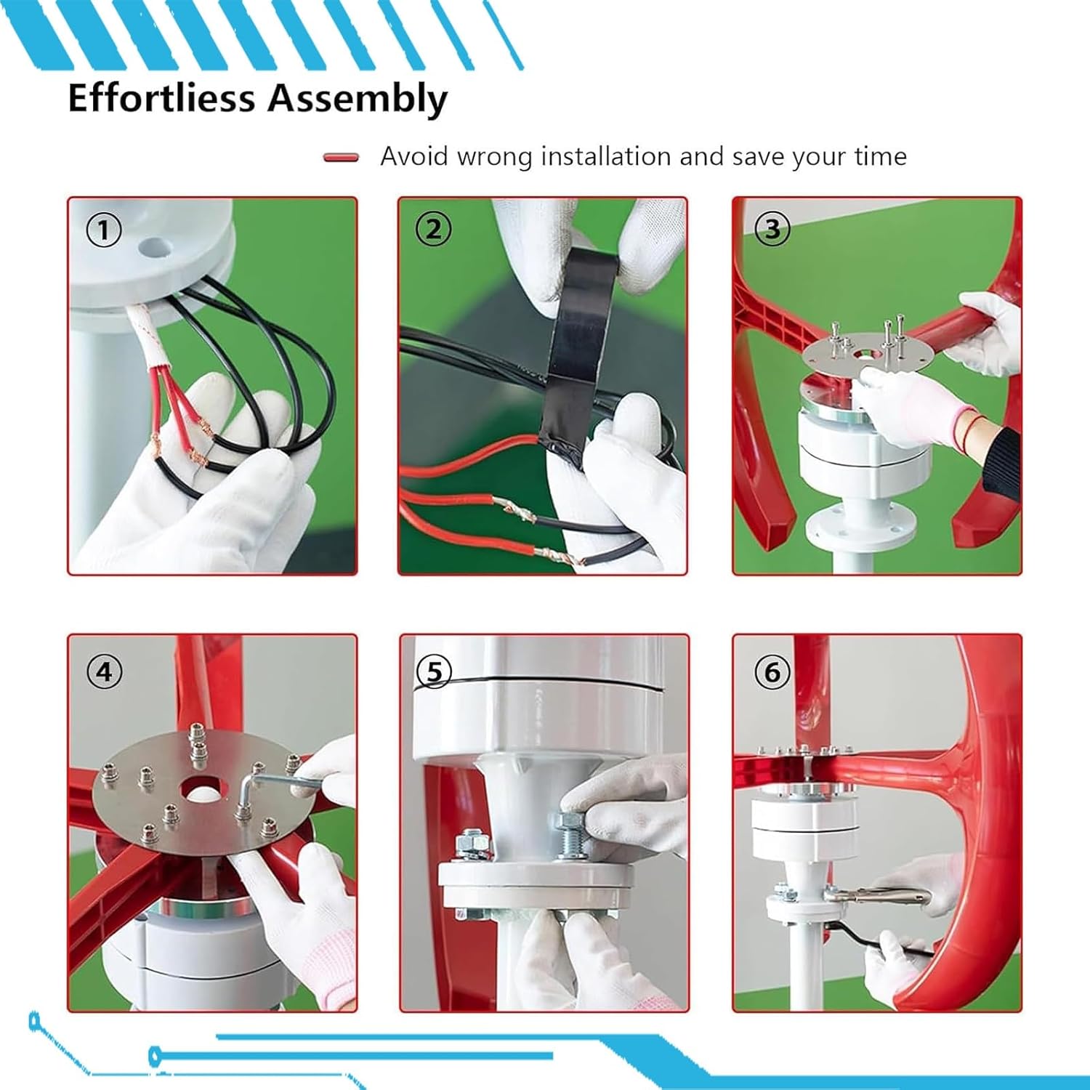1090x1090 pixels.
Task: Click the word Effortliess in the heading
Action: coord(161,97)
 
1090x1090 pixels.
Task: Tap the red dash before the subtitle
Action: coord(341,157)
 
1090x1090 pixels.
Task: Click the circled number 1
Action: coord(104,231)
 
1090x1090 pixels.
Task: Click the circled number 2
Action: coord(433,230)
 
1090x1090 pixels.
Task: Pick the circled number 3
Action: coord(772,230)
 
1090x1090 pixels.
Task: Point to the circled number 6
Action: coord(772,672)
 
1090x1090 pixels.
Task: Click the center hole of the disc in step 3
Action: coord(867,354)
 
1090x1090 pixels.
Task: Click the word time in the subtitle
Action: coord(881,156)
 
